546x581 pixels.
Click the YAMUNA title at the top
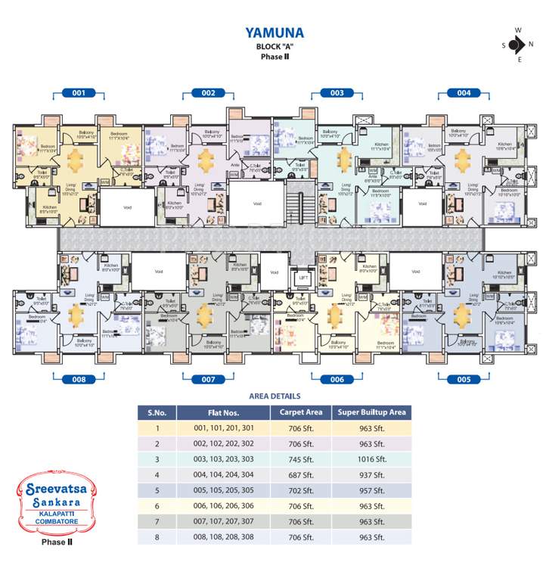[x=275, y=33]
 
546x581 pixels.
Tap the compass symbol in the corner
[x=517, y=45]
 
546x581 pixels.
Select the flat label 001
[x=79, y=93]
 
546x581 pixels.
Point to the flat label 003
[x=337, y=93]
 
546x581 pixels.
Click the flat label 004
[x=464, y=93]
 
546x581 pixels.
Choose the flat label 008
[x=79, y=378]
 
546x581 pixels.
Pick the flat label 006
[x=337, y=378]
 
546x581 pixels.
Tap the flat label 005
[x=464, y=378]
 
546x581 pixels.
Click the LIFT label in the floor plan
[x=302, y=278]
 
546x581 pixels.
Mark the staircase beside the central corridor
[x=300, y=208]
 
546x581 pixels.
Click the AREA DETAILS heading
[x=275, y=396]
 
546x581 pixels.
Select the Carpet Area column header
[x=300, y=412]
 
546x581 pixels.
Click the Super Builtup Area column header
[x=371, y=412]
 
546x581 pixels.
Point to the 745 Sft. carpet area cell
[x=300, y=459]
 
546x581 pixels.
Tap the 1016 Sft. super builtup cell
[x=371, y=459]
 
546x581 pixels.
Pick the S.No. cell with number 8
[x=157, y=537]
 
